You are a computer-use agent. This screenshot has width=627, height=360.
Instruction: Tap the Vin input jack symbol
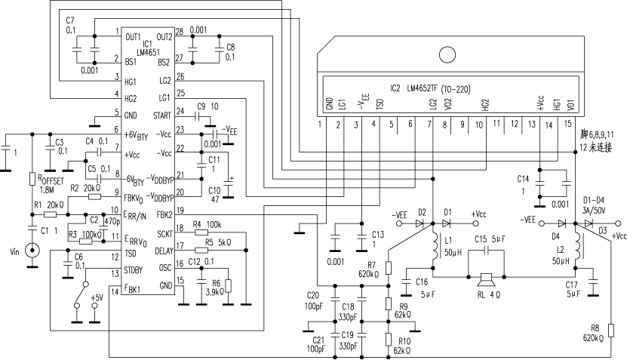[32, 249]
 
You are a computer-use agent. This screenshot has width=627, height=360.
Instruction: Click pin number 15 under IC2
[569, 123]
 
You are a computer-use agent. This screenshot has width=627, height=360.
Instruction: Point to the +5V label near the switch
[97, 298]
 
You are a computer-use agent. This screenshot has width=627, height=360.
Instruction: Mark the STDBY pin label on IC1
[134, 269]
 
